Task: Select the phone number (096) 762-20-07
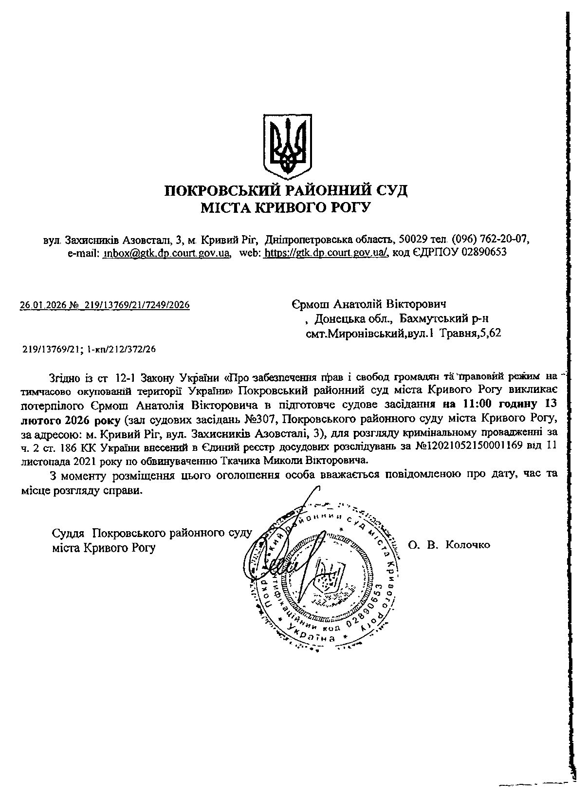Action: click(490, 240)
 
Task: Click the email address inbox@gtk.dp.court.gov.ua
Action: click(166, 253)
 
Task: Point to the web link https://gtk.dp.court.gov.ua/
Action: click(325, 253)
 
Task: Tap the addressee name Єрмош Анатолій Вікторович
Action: click(369, 304)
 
